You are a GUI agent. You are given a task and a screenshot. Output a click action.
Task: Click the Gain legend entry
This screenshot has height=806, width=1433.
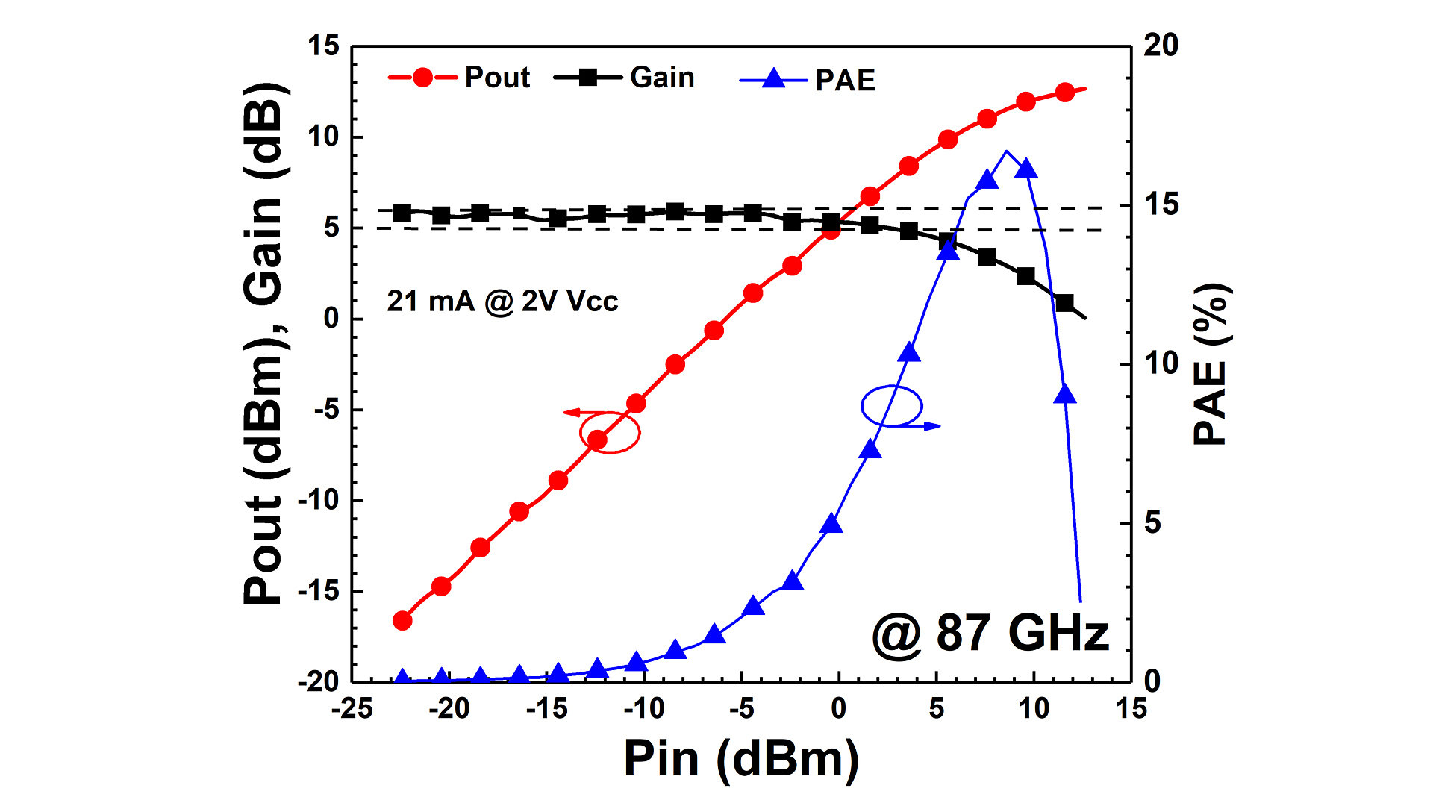625,77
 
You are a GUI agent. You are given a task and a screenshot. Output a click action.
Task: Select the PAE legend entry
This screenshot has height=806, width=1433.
808,79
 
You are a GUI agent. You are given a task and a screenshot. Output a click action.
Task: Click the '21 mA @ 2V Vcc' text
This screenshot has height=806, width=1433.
502,301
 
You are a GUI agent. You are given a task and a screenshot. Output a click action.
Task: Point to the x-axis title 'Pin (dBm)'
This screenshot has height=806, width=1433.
741,758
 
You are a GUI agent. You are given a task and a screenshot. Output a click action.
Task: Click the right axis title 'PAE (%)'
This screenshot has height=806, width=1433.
1211,364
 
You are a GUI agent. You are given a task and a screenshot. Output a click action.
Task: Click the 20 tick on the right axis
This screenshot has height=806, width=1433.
1161,46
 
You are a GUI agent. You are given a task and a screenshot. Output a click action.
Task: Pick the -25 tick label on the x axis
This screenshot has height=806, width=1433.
352,707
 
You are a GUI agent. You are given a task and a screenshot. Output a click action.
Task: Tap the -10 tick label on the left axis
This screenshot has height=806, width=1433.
318,500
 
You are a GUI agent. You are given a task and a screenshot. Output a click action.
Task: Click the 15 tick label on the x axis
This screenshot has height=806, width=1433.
1131,707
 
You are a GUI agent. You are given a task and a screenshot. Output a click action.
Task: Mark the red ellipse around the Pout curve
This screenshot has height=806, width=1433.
611,432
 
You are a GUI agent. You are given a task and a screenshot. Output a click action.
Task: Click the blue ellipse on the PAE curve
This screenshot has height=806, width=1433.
892,406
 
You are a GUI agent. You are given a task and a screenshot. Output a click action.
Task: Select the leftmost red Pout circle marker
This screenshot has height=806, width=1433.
402,620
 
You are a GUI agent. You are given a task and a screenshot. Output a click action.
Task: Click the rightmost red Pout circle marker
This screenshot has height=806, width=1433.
1065,93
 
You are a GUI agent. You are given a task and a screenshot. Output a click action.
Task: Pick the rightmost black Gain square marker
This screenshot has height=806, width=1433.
1065,303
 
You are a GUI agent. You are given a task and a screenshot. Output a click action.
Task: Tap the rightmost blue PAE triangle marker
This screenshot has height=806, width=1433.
1065,394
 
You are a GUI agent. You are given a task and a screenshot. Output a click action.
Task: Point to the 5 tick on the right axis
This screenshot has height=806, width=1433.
1152,522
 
